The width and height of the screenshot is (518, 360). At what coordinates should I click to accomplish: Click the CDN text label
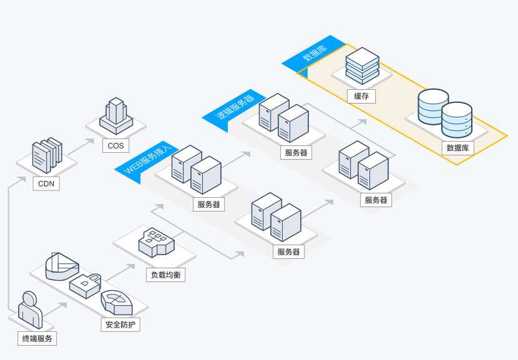click(46, 184)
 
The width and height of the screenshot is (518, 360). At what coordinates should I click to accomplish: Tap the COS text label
click(115, 146)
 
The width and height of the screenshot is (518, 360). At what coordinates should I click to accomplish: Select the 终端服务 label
click(37, 339)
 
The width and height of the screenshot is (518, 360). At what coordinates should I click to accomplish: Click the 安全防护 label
click(121, 324)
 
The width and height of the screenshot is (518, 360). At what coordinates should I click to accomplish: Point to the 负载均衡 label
click(166, 275)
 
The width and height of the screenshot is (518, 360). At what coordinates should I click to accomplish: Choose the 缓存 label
click(361, 96)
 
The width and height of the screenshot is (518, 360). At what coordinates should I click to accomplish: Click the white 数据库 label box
click(457, 148)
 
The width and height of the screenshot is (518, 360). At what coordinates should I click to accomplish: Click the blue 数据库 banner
click(314, 53)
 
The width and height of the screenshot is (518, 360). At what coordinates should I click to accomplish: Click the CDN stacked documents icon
click(47, 154)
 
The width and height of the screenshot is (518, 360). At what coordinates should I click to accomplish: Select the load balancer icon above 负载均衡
click(156, 242)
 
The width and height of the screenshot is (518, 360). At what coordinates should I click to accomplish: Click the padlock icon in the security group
click(85, 286)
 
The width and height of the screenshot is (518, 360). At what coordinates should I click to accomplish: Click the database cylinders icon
click(445, 113)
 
